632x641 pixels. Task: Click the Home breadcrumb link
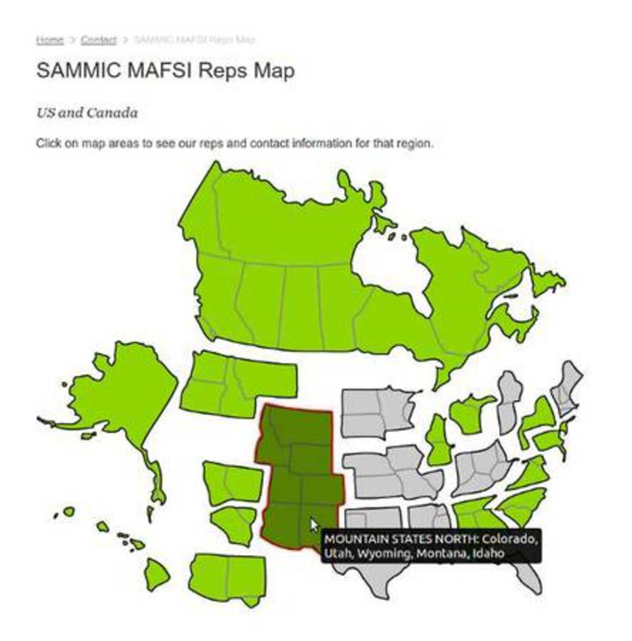[50, 40]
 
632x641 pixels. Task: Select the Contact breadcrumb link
[98, 40]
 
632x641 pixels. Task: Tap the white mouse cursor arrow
[313, 525]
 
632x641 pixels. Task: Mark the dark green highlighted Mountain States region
[298, 474]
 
